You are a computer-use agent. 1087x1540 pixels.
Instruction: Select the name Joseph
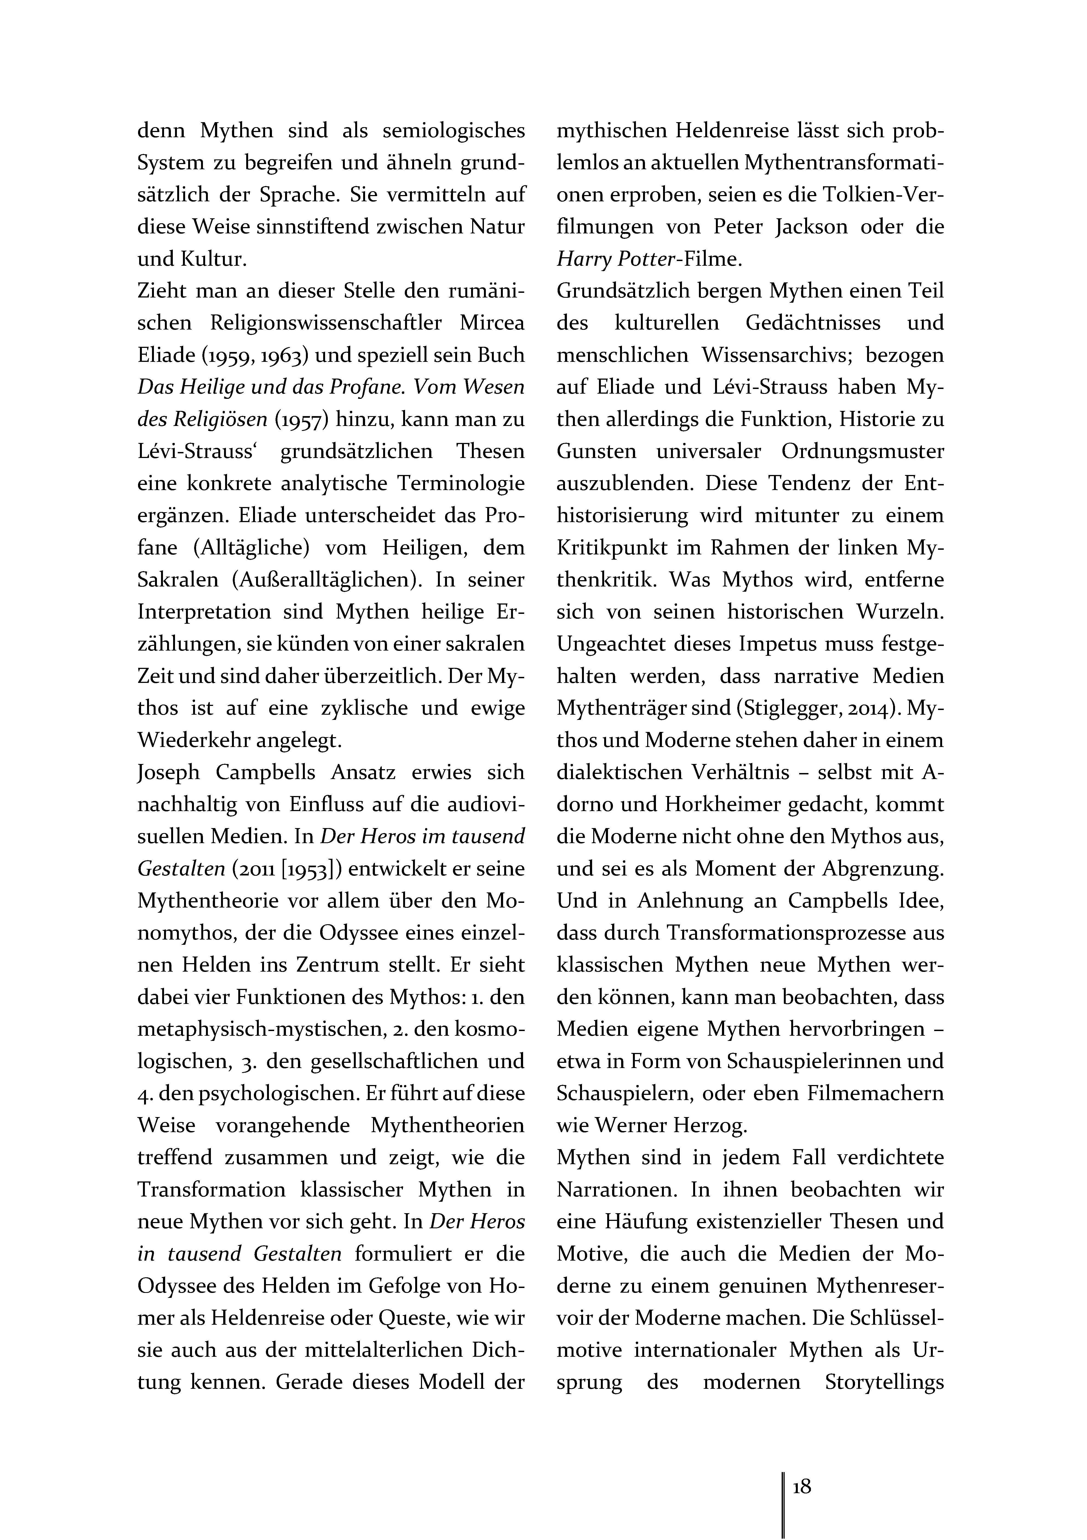168,773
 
